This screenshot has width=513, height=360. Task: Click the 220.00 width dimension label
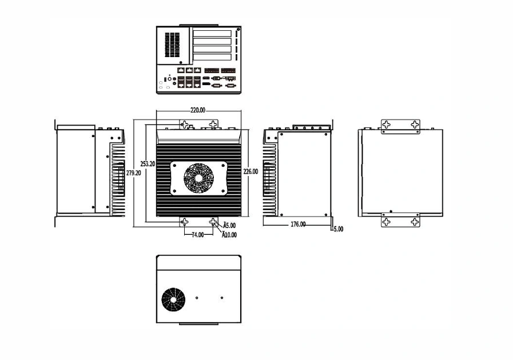pos(198,110)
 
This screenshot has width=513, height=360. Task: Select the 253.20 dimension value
pos(148,164)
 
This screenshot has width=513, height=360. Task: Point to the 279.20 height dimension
pos(133,173)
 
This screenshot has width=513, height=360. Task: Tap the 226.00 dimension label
pos(250,171)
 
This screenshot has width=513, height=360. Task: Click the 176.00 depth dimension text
pos(298,225)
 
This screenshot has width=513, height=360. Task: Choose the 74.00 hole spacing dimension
pos(198,235)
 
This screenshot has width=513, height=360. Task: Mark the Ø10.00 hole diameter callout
pos(229,235)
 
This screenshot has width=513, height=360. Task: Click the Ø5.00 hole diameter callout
pos(229,225)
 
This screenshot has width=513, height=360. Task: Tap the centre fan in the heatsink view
pos(198,178)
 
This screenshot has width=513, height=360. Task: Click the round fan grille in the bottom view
pos(173,300)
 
